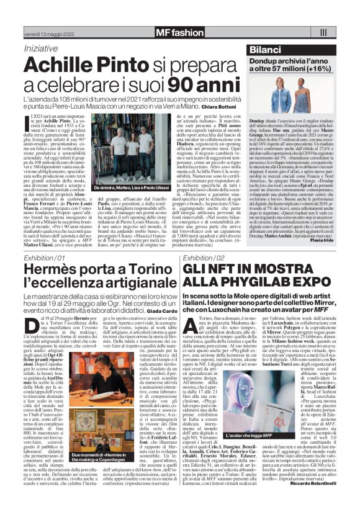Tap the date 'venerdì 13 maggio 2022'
[40, 31]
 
